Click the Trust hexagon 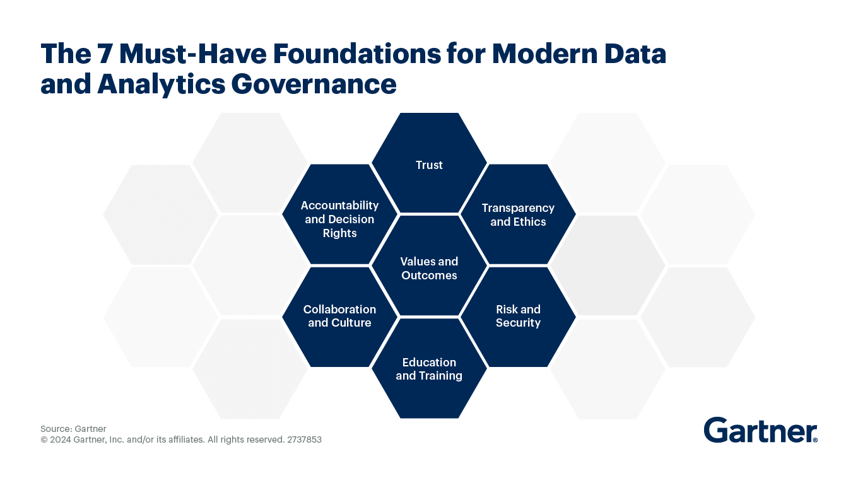tap(429, 165)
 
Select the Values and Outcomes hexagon tap(429, 268)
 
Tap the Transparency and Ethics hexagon tap(518, 214)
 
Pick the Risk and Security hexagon tap(518, 316)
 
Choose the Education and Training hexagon tap(429, 369)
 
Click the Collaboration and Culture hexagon tap(339, 316)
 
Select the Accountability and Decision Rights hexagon tap(339, 219)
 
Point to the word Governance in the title tap(314, 84)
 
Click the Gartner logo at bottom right tap(760, 430)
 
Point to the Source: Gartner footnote tap(73, 429)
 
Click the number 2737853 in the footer tap(304, 439)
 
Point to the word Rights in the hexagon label tap(339, 233)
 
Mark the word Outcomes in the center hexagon tap(429, 276)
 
